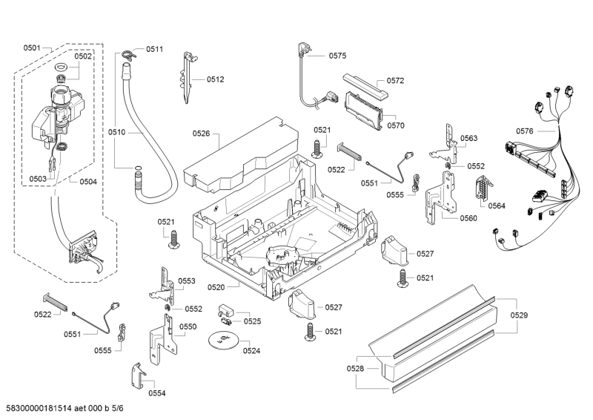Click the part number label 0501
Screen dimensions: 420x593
click(31, 48)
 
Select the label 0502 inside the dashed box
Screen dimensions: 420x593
click(83, 56)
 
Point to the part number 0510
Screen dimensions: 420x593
click(118, 132)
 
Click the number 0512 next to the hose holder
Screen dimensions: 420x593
click(215, 79)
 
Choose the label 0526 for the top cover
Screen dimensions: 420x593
click(201, 134)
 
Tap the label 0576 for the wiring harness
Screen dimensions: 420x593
click(525, 131)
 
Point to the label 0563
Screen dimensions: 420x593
click(468, 139)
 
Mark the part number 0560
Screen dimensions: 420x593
click(468, 218)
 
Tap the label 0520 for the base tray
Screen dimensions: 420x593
click(216, 287)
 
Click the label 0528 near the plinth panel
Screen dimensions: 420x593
click(355, 368)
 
